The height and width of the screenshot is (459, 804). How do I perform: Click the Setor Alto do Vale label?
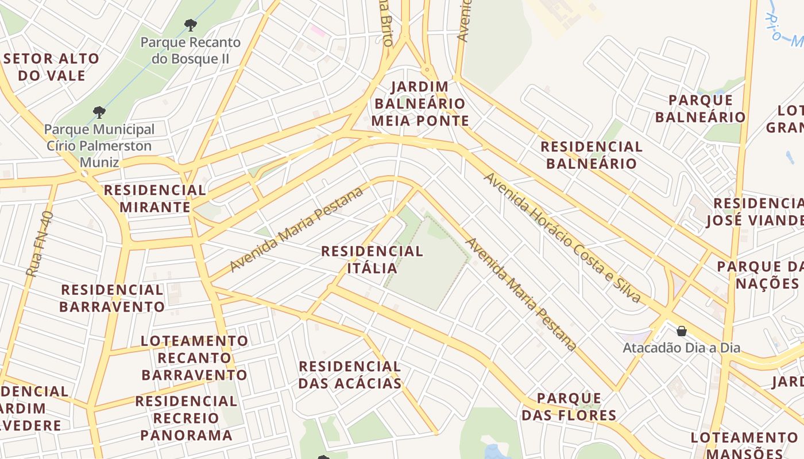coord(52,67)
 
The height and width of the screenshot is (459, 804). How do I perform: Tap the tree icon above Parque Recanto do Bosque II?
coord(191,25)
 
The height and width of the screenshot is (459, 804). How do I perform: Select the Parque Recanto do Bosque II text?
coord(190,50)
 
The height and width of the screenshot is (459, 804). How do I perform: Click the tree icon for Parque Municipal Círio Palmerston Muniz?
coord(99,111)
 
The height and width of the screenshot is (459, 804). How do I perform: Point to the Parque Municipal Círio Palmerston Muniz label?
coord(99,146)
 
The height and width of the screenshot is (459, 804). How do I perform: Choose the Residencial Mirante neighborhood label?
coord(154,199)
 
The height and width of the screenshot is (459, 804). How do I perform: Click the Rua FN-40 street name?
coord(40,244)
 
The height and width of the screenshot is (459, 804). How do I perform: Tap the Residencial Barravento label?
coord(112,298)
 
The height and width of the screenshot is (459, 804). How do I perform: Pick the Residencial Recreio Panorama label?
coord(186,418)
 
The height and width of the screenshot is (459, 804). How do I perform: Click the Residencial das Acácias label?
coord(350,375)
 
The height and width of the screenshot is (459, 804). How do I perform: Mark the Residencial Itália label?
coord(372,259)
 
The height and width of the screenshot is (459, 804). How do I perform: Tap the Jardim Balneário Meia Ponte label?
coord(420,104)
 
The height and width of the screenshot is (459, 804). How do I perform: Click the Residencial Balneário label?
coord(592,155)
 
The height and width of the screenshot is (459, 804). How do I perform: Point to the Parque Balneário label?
coord(700,108)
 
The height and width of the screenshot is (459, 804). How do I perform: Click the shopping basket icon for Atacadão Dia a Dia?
coord(682,331)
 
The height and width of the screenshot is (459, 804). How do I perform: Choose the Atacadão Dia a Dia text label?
coord(682,348)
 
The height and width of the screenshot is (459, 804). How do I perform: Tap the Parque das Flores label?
coord(569,407)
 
